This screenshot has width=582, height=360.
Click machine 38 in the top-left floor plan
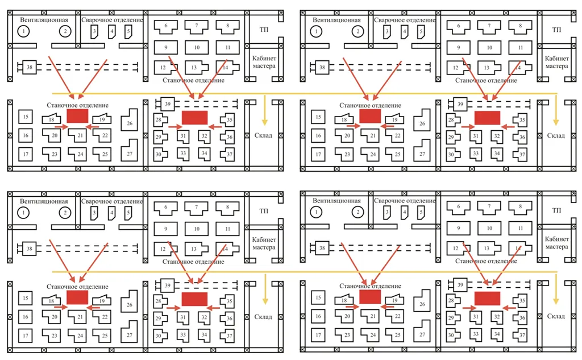click(29, 67)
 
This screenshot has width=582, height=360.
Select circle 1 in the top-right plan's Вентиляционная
click(315, 32)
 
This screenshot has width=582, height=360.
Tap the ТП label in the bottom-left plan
click(264, 211)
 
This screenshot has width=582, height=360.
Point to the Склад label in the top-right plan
click(556, 136)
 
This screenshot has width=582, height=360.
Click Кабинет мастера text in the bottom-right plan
click(556, 243)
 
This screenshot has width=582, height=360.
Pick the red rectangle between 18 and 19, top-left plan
click(77, 116)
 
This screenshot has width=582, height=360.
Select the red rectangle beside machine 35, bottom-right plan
click(487, 299)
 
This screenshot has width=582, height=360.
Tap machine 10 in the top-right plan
click(489, 47)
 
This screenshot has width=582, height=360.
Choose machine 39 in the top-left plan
click(167, 104)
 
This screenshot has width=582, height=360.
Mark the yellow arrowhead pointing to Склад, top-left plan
click(264, 121)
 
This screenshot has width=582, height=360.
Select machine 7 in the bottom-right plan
click(489, 208)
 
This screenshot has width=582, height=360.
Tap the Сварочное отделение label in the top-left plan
click(111, 20)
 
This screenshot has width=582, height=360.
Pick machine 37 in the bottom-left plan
click(229, 336)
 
